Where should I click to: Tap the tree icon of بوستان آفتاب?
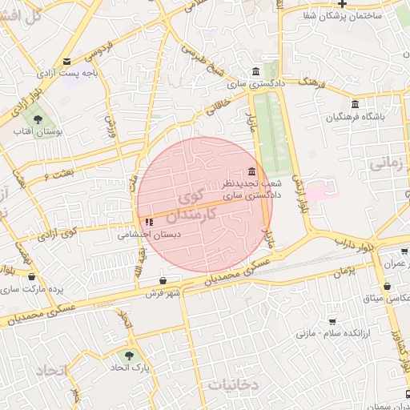click(x=38, y=121)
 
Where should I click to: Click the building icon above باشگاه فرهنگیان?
click(x=355, y=104)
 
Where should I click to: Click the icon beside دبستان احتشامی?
click(x=149, y=222)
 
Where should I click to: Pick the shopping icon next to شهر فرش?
click(x=164, y=281)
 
